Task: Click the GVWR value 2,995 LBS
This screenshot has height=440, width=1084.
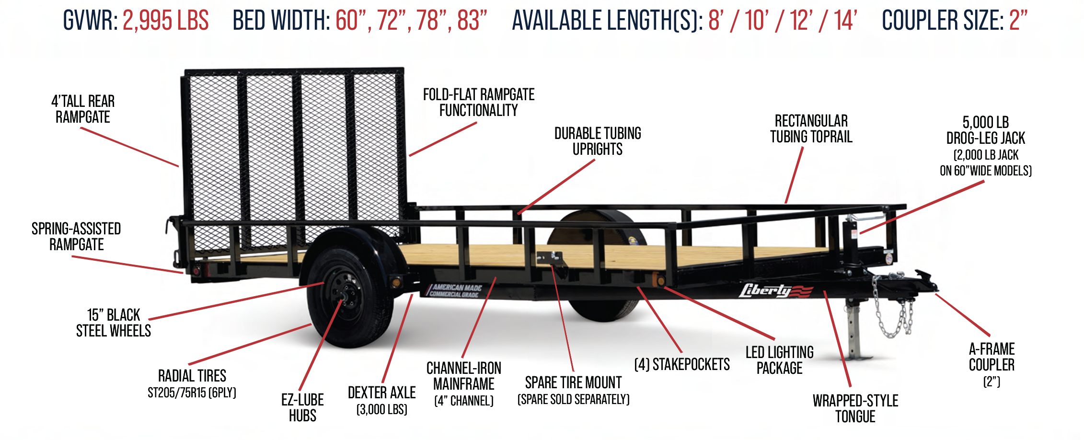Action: pos(165,21)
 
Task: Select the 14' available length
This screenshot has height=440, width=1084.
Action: pos(845,21)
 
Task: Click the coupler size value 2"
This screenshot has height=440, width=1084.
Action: pos(1018,21)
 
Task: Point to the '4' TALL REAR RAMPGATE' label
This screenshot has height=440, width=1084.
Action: pos(83,109)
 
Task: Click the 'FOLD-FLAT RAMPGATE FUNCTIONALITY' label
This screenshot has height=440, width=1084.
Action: pos(478,103)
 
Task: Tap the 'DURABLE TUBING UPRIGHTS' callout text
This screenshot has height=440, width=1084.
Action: pos(598,141)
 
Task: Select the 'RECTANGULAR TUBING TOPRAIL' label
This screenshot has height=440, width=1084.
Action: pos(811,128)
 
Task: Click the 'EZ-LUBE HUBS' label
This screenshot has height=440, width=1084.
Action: pos(302,407)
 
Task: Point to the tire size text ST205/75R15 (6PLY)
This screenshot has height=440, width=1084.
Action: pos(192,393)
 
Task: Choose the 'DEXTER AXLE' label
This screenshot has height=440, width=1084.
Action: pos(381,393)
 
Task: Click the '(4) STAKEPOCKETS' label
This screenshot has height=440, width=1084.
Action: pos(681,365)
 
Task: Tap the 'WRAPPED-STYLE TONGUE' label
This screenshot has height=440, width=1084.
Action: pos(855,408)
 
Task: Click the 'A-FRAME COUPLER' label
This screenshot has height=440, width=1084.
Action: pos(992,357)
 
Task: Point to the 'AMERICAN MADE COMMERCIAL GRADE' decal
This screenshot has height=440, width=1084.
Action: pos(455,291)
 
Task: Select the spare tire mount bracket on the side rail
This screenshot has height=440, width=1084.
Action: pos(550,259)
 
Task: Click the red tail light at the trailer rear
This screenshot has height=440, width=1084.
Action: pos(196,271)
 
